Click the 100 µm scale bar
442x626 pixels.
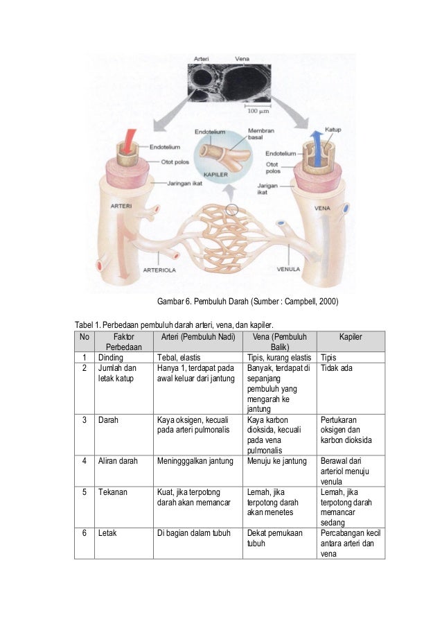(259, 110)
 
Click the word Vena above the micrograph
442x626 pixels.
(243, 58)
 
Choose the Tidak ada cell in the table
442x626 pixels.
(336, 367)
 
